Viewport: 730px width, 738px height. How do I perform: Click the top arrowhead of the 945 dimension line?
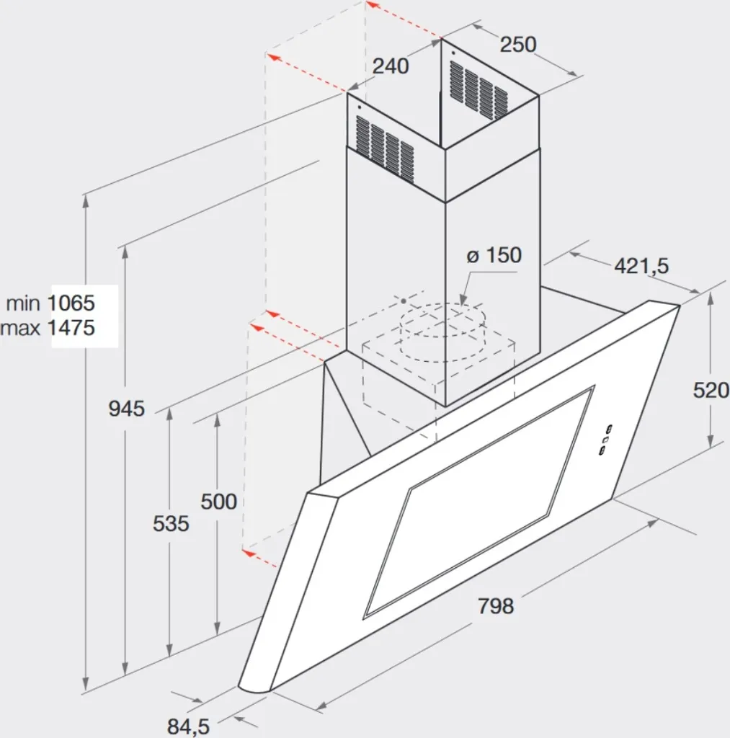click(125, 252)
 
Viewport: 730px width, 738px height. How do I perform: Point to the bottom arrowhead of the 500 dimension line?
click(217, 630)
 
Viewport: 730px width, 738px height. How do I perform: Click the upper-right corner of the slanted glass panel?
click(680, 306)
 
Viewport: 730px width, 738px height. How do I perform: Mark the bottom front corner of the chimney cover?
click(445, 406)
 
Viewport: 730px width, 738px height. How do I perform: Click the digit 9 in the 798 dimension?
click(496, 605)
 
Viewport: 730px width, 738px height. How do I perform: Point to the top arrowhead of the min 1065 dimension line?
click(86, 200)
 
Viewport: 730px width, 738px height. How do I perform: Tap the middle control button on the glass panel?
click(605, 440)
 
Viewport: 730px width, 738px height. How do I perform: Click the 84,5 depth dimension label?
click(188, 726)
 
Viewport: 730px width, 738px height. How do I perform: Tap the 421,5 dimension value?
click(641, 267)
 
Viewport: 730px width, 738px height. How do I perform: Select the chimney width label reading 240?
click(391, 66)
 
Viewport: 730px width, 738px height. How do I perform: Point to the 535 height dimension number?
click(171, 523)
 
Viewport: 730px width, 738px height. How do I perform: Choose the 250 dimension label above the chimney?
click(517, 44)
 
